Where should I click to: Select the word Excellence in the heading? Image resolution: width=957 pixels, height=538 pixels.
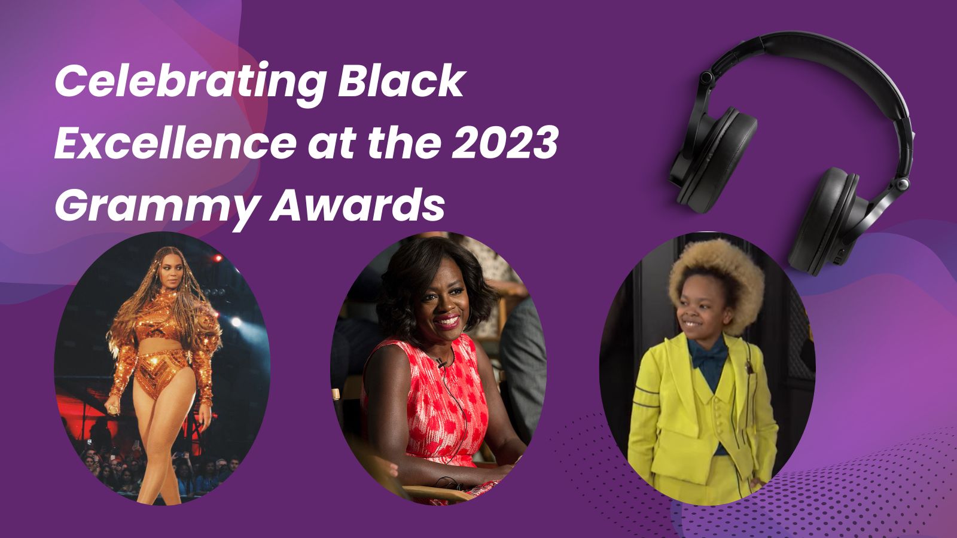[x=175, y=142]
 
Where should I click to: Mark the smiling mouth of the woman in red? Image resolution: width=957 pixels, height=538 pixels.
[x=447, y=320]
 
